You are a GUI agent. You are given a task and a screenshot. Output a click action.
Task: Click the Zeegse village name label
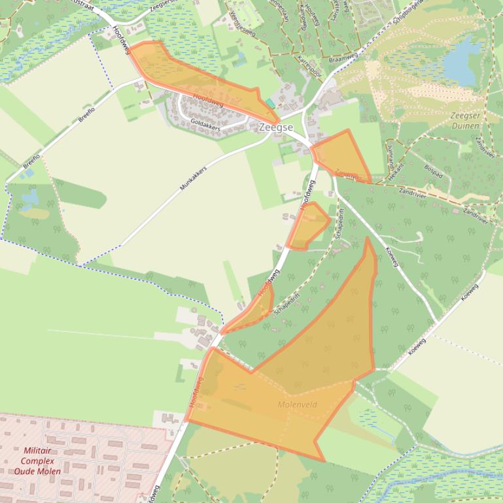275,127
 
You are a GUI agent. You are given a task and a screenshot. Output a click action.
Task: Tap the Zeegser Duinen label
465,121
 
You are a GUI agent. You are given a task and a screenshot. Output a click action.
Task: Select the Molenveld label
297,405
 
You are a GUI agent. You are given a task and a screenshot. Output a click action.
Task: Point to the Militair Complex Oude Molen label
37,461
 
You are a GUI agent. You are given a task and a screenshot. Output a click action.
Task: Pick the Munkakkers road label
193,178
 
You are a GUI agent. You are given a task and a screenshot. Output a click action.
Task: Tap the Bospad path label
433,176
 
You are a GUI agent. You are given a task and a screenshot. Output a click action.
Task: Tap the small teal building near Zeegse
270,103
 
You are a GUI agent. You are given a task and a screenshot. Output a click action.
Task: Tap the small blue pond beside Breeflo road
30,196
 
